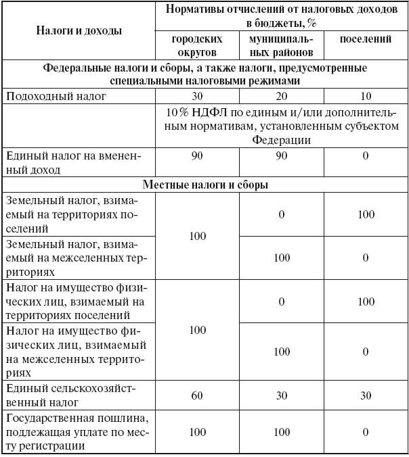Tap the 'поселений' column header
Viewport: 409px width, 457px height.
365,39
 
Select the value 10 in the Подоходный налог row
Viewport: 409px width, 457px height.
365,96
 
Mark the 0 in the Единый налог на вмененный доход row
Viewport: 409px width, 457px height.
365,157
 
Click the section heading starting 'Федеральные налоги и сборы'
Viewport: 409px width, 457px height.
204,74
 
